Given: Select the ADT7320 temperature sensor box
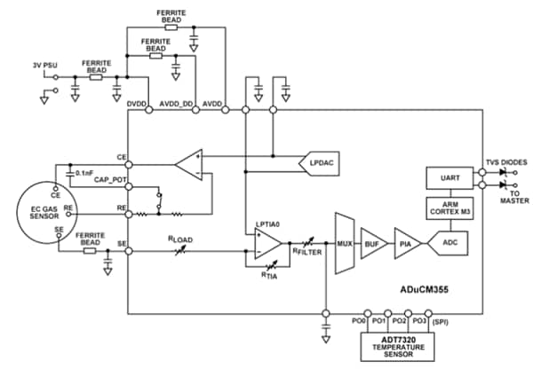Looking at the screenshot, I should coord(398,344).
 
